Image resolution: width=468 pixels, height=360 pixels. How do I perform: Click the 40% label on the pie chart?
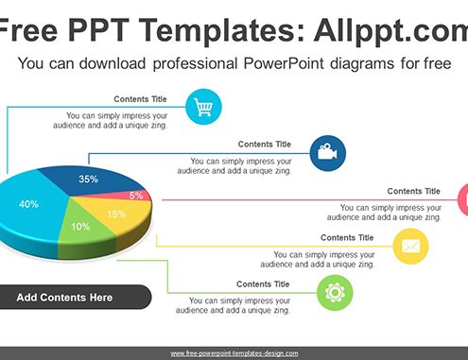(x=28, y=204)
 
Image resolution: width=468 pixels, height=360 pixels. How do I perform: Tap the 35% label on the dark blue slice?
(x=89, y=179)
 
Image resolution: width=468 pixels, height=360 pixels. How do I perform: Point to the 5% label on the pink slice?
(x=136, y=196)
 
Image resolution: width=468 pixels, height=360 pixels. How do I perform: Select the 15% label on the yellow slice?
(x=116, y=214)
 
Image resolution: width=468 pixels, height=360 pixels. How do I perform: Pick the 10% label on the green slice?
(x=80, y=227)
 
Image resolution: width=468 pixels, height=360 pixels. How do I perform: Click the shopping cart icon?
(x=203, y=107)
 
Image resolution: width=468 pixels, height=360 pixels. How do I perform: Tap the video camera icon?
(x=327, y=152)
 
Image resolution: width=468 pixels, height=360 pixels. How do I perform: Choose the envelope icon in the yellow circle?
(x=410, y=246)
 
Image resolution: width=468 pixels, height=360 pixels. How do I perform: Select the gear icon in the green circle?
(x=335, y=293)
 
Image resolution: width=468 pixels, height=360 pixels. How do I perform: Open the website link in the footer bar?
(x=234, y=353)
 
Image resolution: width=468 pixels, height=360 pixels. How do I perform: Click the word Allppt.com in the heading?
(x=390, y=31)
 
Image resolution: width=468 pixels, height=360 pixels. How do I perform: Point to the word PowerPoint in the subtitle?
(x=284, y=63)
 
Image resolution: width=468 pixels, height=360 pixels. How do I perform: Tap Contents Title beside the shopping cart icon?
(x=140, y=99)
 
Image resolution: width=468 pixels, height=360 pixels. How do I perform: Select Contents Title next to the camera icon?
(x=265, y=145)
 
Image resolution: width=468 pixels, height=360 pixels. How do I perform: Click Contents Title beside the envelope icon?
(x=347, y=238)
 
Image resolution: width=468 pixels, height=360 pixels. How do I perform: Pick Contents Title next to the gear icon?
(x=263, y=284)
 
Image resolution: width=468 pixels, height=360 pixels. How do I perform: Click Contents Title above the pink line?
(x=413, y=191)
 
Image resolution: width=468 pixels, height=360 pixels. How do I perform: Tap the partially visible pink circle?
(x=463, y=200)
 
